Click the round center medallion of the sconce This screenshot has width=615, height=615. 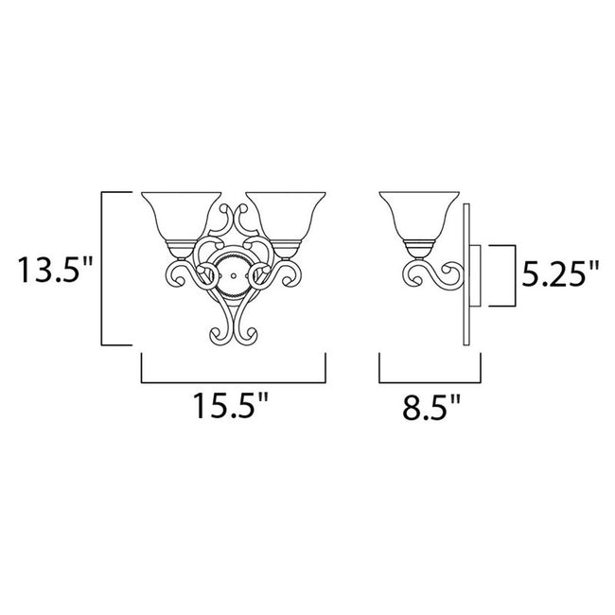(x=232, y=272)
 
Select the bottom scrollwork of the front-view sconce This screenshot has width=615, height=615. (x=232, y=326)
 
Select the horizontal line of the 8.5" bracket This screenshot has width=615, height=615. (x=430, y=381)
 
